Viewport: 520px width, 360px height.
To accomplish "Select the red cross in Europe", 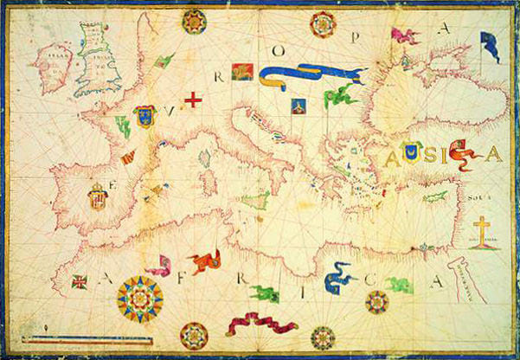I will pos(192,100).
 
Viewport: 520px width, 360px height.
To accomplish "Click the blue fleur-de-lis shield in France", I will pos(144,116).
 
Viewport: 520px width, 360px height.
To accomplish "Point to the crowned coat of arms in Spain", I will pos(98,197).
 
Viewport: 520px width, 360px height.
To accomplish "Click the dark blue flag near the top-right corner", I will pos(490,45).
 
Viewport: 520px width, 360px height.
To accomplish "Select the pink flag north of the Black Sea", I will pos(403,36).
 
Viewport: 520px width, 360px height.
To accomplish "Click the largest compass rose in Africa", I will pos(138,299).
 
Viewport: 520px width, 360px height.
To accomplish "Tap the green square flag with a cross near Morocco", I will pos(80,281).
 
